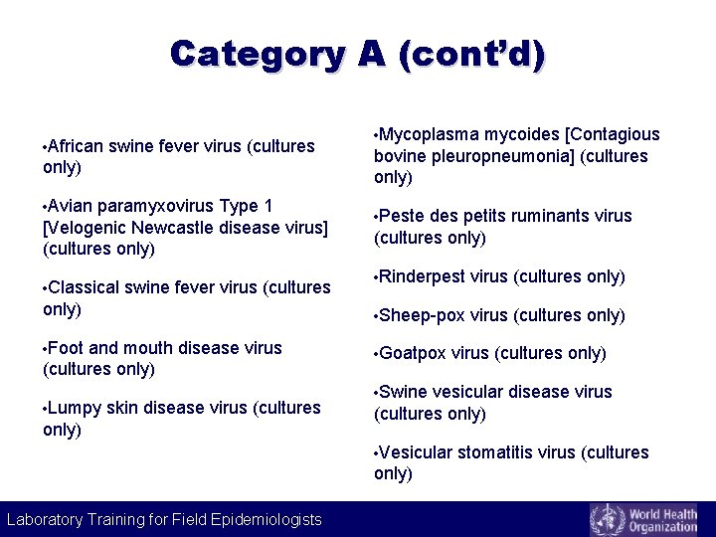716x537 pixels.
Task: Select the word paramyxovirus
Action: tap(149, 207)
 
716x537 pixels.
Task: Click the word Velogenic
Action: tap(87, 228)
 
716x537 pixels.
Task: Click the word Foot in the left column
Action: tap(66, 348)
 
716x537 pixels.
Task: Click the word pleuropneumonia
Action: tap(467, 156)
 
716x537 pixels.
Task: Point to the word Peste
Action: tap(402, 216)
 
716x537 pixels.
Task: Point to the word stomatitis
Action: tap(493, 452)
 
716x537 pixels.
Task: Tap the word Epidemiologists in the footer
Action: tap(263, 519)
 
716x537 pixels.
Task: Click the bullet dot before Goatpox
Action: tap(376, 354)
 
